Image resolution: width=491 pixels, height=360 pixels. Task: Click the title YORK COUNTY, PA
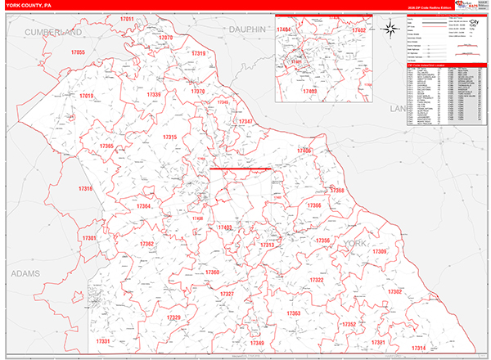coord(29,6)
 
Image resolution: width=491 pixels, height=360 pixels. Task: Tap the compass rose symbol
coord(391,30)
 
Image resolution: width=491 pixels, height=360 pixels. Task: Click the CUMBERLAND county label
coord(53,32)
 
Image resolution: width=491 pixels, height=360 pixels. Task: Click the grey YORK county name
coord(356,244)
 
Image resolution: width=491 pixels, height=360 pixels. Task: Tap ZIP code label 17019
coord(87,97)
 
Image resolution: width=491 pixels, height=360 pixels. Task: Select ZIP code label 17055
coord(78,52)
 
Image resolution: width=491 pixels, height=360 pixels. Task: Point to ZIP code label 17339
coord(155,95)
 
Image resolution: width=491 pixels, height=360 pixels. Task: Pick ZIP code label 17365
coord(106,146)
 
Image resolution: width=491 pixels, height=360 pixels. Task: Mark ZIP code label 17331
coord(103,340)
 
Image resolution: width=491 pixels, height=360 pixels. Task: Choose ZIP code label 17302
coord(394,291)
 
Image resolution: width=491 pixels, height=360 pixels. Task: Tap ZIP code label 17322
coord(317,280)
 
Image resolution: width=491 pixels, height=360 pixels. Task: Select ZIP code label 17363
coord(294,313)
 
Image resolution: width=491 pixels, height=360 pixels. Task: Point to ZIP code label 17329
coord(173,317)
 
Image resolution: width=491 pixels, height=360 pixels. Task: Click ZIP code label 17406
coord(304,151)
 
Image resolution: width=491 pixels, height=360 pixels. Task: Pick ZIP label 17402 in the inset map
coord(358,30)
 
